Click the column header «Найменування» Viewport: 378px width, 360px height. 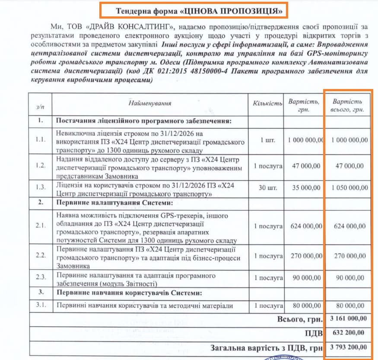(x=150, y=103)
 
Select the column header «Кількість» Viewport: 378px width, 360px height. (x=268, y=104)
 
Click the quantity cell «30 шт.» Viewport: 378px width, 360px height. (x=268, y=188)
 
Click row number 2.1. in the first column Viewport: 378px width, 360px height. (x=41, y=226)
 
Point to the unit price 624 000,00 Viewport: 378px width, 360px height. (x=306, y=226)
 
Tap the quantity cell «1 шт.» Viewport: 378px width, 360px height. (x=268, y=140)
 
